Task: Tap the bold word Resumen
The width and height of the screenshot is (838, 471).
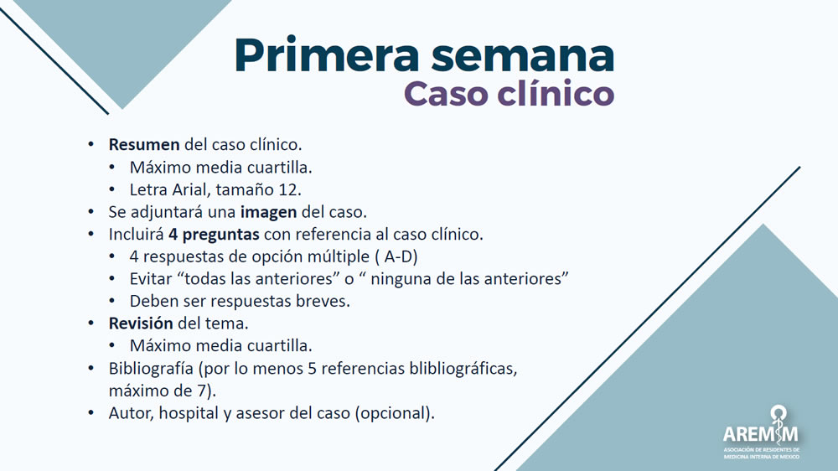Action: (144, 144)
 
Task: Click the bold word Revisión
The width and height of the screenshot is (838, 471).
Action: (141, 323)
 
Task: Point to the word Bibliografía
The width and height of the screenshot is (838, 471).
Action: (151, 368)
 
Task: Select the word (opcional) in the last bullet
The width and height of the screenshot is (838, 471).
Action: (396, 412)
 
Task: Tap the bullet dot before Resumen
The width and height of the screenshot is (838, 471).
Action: (92, 144)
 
